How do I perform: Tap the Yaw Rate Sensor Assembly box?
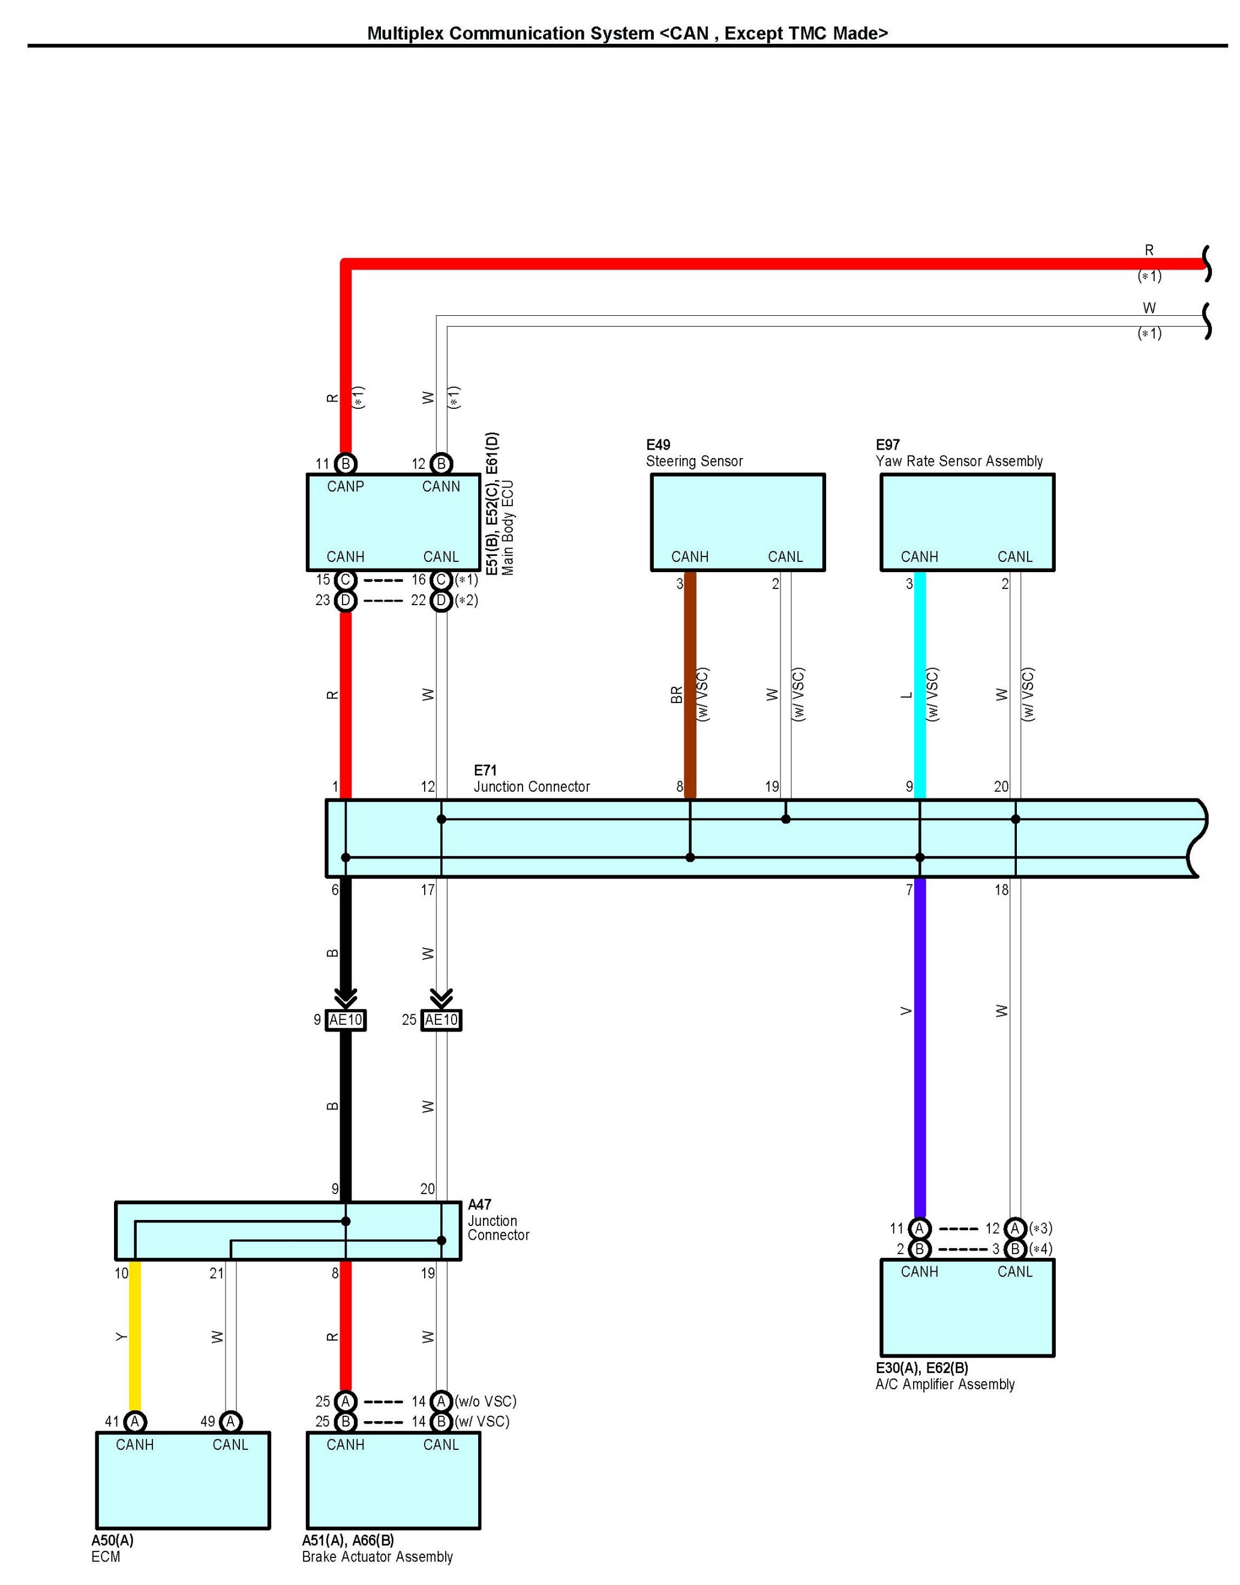click(x=967, y=522)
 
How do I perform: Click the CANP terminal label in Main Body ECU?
click(x=345, y=487)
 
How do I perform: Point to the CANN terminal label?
click(x=441, y=487)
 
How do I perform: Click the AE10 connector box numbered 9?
click(x=346, y=1020)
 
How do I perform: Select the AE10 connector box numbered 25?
click(x=442, y=1020)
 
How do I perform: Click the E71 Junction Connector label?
click(x=531, y=779)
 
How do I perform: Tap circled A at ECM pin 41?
click(x=135, y=1422)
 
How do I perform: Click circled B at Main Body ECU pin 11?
click(x=346, y=463)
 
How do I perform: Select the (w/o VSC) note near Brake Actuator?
click(x=486, y=1401)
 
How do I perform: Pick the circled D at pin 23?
click(x=346, y=601)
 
